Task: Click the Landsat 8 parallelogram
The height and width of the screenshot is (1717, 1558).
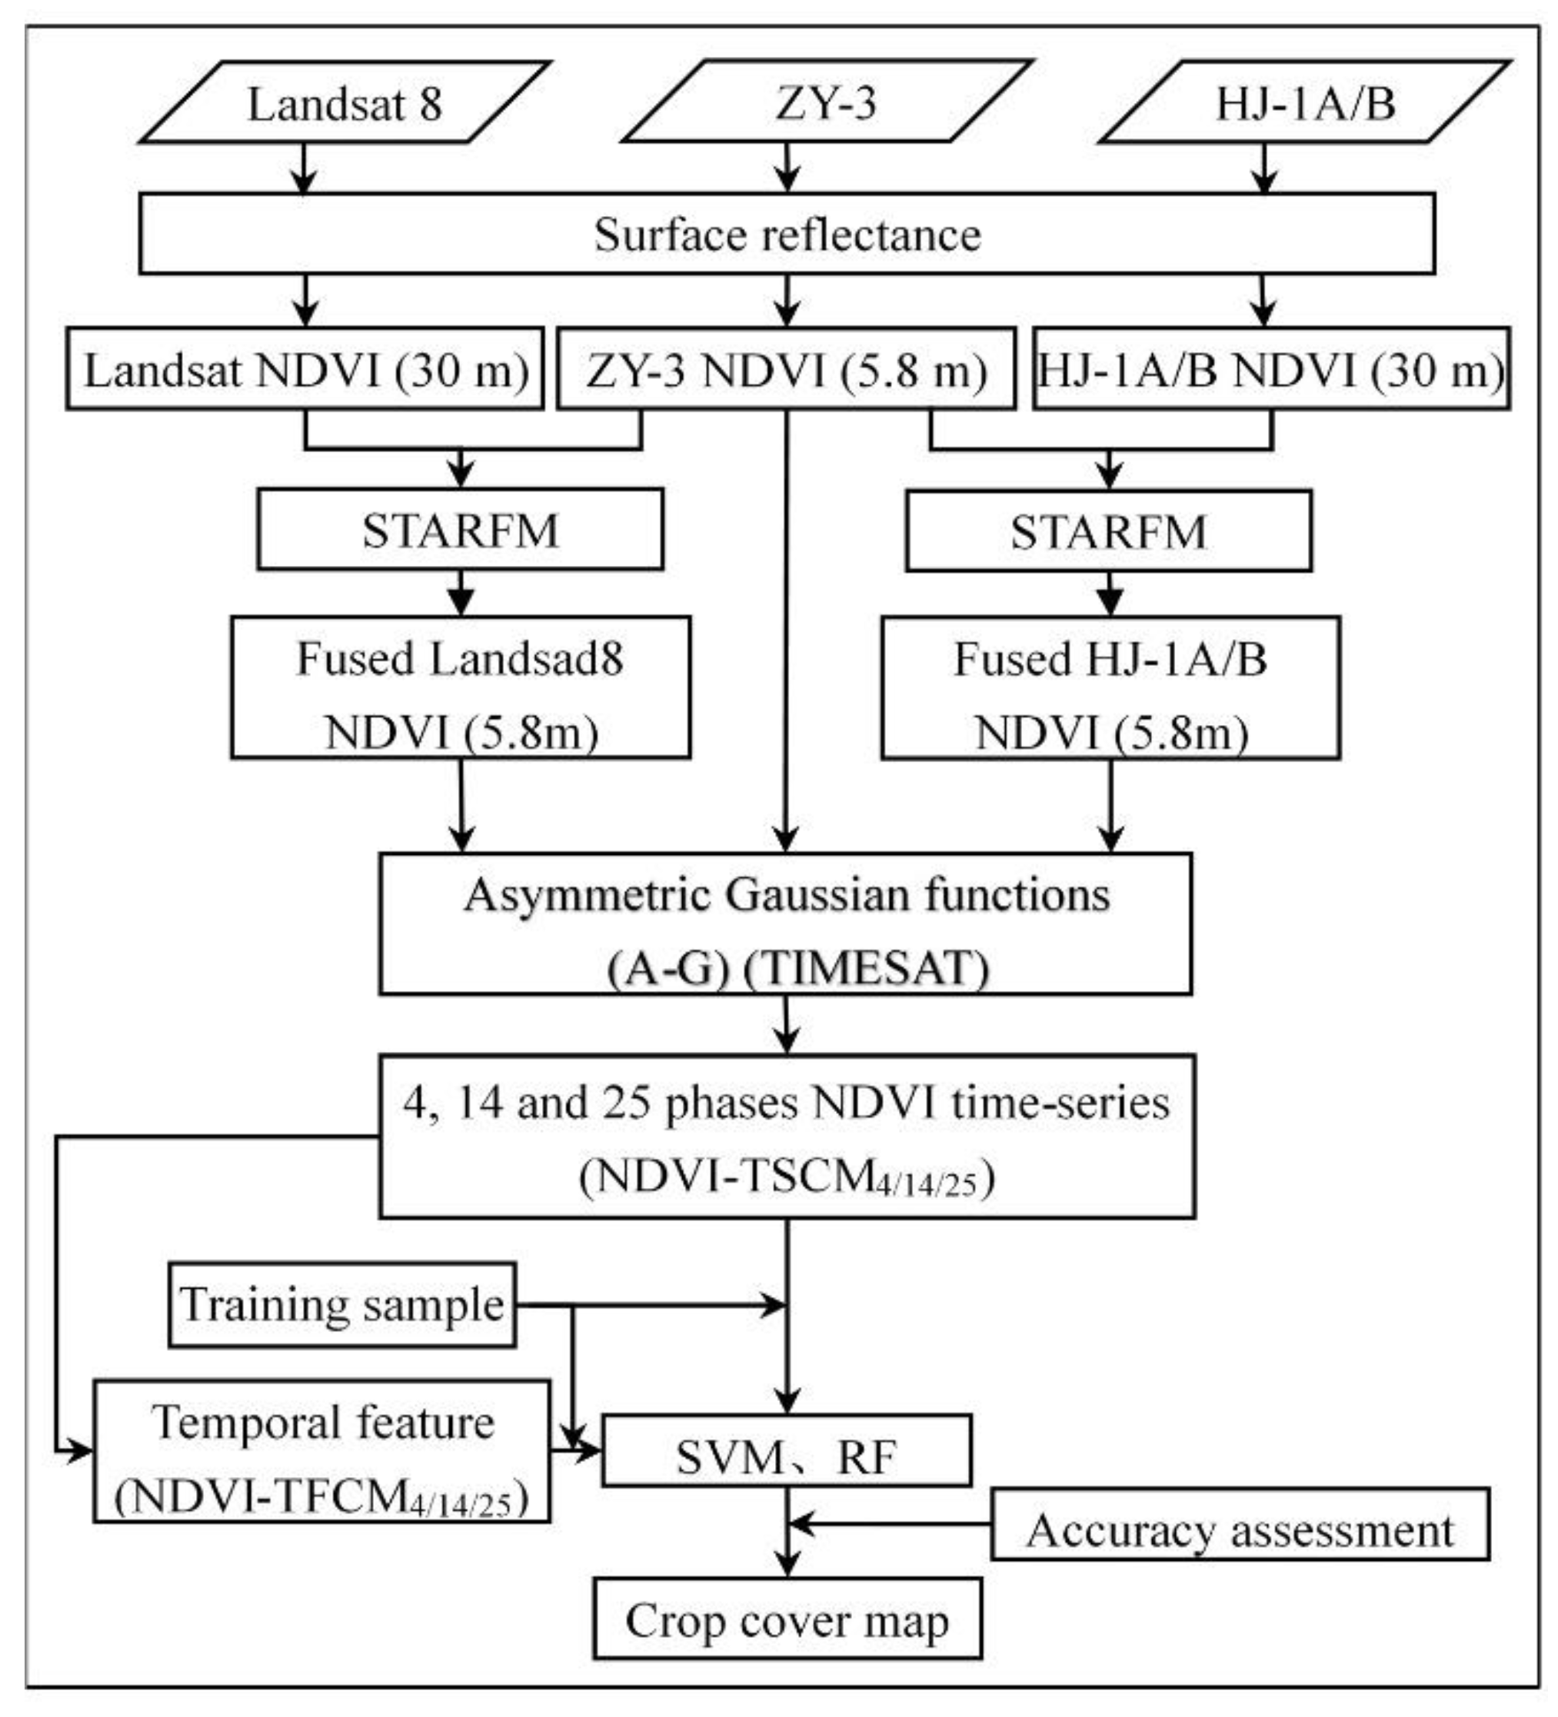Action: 345,103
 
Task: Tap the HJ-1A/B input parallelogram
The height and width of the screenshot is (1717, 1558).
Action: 1304,103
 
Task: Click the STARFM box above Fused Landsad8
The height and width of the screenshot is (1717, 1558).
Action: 460,530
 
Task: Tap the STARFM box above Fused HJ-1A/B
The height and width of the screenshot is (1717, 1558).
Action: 1108,531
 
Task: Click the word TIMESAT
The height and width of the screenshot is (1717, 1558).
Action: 867,967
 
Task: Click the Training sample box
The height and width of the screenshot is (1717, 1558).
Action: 341,1305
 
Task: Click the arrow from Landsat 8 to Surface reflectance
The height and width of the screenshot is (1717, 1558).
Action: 304,168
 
